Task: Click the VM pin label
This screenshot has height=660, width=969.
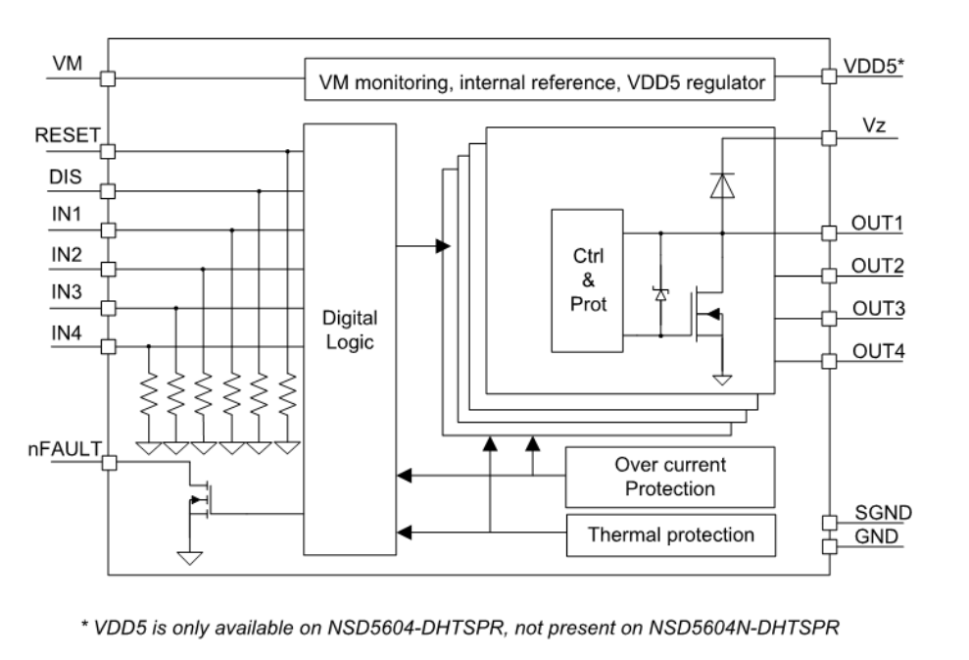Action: pos(64,65)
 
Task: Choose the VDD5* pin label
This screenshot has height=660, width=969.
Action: pos(870,66)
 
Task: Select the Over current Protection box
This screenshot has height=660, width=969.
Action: pos(670,475)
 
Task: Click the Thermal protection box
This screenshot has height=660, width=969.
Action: pos(670,535)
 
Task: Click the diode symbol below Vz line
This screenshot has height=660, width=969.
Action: pos(722,185)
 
